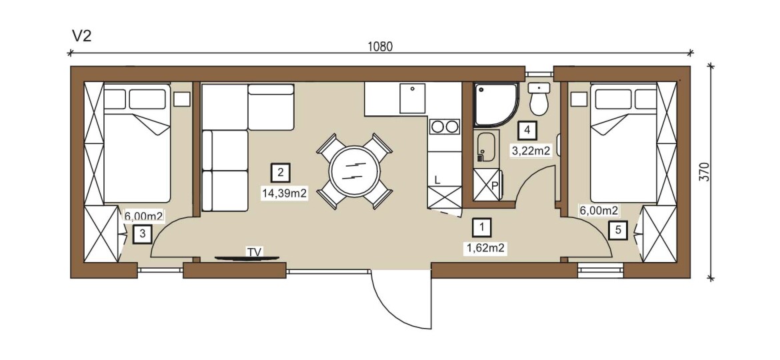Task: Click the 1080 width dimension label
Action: point(380,47)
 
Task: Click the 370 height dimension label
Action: point(705,172)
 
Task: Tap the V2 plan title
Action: point(81,36)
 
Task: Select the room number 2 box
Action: point(281,173)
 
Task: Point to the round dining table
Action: point(354,171)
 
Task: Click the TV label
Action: point(254,251)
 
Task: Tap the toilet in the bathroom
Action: point(539,99)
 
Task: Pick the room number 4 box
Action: point(527,131)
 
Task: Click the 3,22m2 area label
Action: point(531,151)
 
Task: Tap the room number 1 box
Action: point(481,228)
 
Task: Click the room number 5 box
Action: point(618,230)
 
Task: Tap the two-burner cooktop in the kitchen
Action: point(445,127)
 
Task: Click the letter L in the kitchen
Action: point(437,180)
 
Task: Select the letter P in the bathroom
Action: point(495,185)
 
